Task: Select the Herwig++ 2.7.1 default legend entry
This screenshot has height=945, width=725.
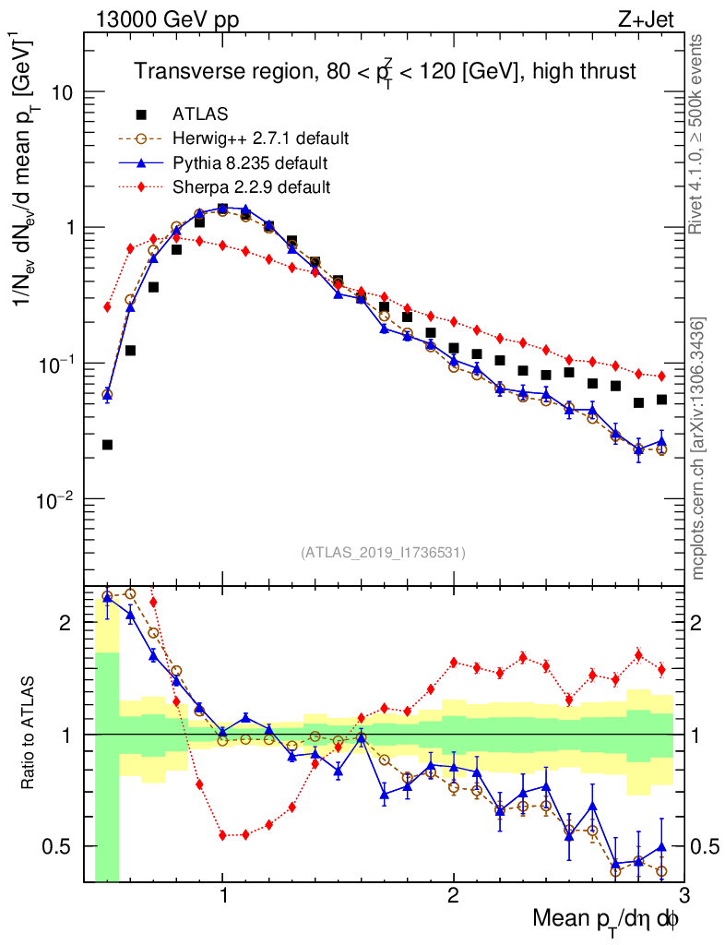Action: pyautogui.click(x=260, y=139)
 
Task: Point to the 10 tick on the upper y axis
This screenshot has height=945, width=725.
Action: pyautogui.click(x=62, y=93)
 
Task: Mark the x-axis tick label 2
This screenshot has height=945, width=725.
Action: pyautogui.click(x=453, y=895)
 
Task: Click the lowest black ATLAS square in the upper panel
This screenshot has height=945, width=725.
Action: pyautogui.click(x=107, y=445)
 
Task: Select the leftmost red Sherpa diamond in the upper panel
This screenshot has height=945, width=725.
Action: pyautogui.click(x=107, y=307)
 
